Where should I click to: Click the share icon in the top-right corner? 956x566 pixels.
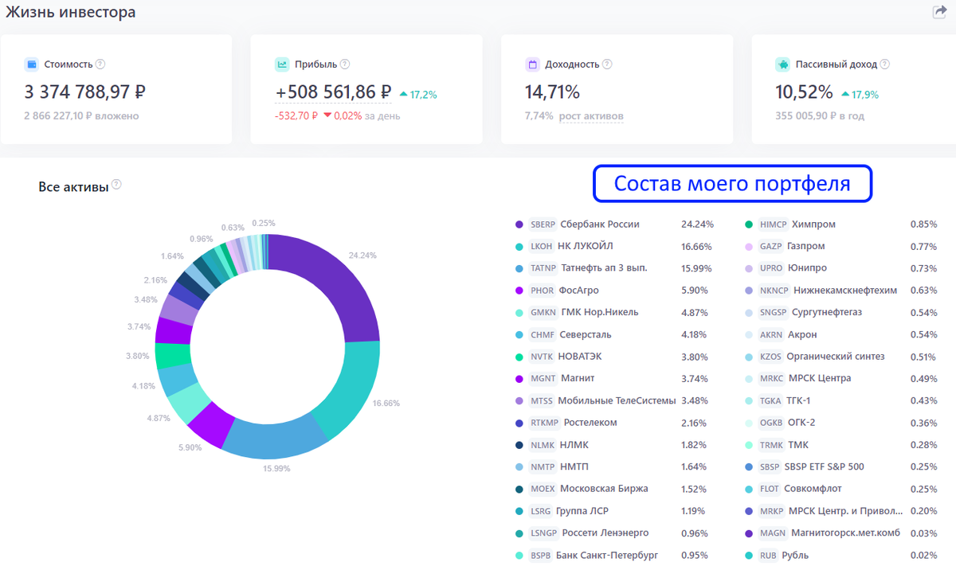(939, 12)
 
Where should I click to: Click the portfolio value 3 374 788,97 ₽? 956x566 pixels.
(84, 92)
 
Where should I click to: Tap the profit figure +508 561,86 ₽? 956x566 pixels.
(333, 92)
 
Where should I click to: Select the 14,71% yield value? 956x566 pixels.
(552, 92)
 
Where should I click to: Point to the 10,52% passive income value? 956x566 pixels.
(804, 92)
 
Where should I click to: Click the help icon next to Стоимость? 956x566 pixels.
(100, 64)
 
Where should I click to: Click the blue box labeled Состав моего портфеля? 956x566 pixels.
(732, 184)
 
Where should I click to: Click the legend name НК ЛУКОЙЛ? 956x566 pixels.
(586, 247)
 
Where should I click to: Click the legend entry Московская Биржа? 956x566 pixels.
(604, 489)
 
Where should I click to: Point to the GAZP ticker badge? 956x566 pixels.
(771, 247)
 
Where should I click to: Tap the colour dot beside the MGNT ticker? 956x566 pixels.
(519, 379)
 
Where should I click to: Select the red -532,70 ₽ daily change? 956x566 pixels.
(297, 116)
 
